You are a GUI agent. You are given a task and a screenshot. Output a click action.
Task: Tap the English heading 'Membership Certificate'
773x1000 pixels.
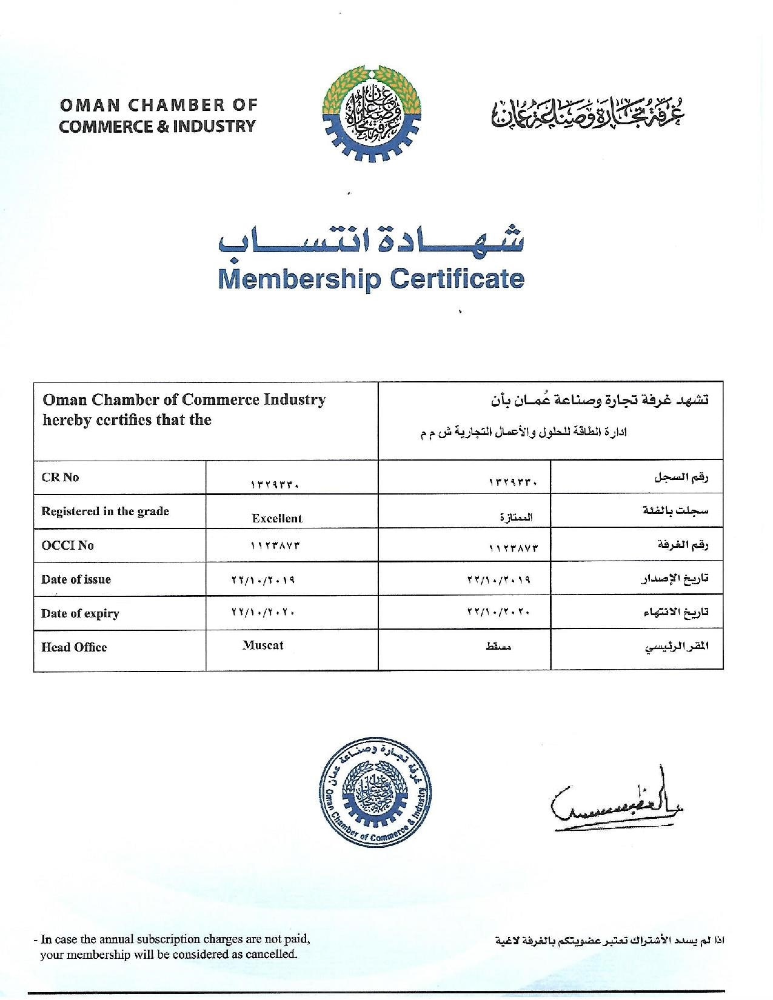click(x=370, y=279)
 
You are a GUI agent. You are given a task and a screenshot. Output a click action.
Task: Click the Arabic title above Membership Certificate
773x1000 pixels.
click(x=370, y=241)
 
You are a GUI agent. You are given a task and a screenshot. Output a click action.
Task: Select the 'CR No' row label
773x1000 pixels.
click(x=60, y=477)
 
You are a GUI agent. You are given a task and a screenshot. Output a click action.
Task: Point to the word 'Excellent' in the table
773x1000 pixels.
click(x=276, y=518)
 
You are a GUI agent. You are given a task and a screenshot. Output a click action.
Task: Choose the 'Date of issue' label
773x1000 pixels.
click(x=76, y=579)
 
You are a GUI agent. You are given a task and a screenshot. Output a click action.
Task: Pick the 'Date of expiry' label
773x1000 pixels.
click(x=80, y=613)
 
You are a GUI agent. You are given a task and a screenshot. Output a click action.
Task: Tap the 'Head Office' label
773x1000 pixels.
click(x=74, y=647)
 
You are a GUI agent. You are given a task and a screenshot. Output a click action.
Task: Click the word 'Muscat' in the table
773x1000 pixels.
click(x=263, y=645)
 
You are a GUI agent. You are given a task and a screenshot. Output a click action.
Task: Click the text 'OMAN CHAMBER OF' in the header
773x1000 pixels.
click(x=158, y=105)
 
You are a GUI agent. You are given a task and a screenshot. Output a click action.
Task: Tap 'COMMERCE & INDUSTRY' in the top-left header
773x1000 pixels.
click(x=158, y=127)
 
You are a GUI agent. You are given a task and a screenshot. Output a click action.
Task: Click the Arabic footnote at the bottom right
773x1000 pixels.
click(x=610, y=941)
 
